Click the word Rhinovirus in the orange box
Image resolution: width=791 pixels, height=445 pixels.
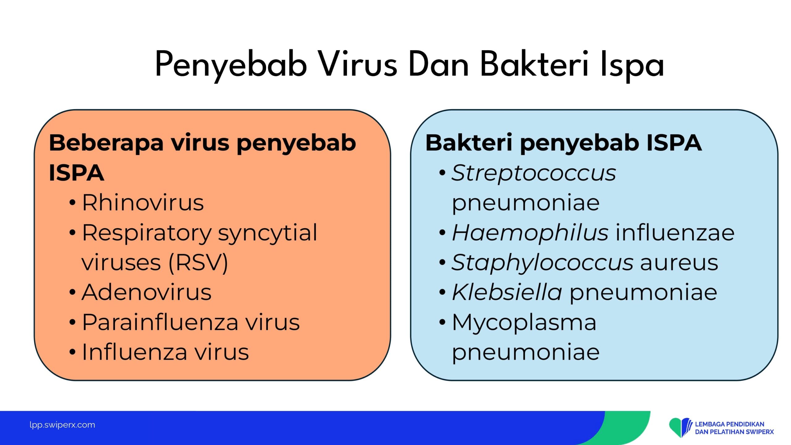coord(143,202)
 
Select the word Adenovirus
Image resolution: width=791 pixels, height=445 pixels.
coord(146,292)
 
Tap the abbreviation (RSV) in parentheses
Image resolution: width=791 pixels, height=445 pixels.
coord(198,263)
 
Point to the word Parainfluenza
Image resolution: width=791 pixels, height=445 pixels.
coord(160,322)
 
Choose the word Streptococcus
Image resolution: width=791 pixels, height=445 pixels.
coord(534,173)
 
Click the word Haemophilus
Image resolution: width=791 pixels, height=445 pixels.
coord(530,232)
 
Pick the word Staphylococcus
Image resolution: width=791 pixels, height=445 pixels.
coord(542,263)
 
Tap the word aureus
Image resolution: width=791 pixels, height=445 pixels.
coord(679,263)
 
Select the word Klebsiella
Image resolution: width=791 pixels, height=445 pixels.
coord(507,292)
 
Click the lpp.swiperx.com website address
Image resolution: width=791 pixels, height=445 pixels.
coord(62,425)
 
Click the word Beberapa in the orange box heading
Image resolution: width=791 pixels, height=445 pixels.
coord(106,143)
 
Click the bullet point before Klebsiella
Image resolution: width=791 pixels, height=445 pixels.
coord(442,292)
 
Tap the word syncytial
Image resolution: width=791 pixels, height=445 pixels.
coord(268,233)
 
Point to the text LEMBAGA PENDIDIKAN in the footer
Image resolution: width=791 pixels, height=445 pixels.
coord(730,424)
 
